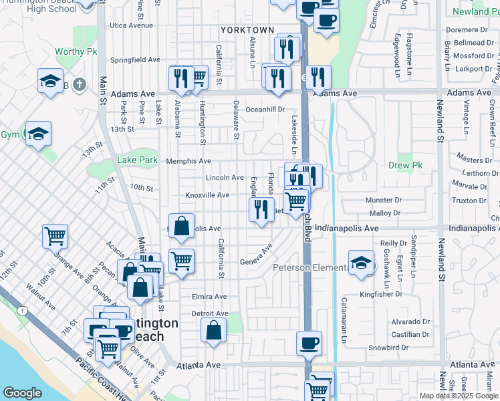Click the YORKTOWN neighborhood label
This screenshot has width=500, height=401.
click(x=247, y=30)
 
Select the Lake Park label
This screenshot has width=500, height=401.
click(x=137, y=160)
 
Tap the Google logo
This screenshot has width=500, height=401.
click(x=22, y=393)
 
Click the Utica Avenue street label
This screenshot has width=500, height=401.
click(x=132, y=25)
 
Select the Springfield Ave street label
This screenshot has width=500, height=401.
click(x=136, y=59)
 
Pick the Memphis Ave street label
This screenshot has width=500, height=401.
click(x=189, y=161)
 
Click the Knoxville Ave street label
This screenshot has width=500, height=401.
click(x=207, y=195)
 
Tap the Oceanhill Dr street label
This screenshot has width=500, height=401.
click(x=265, y=109)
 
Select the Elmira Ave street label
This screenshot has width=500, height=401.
click(x=209, y=297)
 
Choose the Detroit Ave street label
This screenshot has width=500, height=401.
click(x=210, y=313)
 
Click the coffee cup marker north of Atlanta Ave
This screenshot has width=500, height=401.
click(x=309, y=343)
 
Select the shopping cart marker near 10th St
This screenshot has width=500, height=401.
click(x=55, y=235)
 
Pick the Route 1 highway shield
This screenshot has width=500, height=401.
click(x=23, y=311)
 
